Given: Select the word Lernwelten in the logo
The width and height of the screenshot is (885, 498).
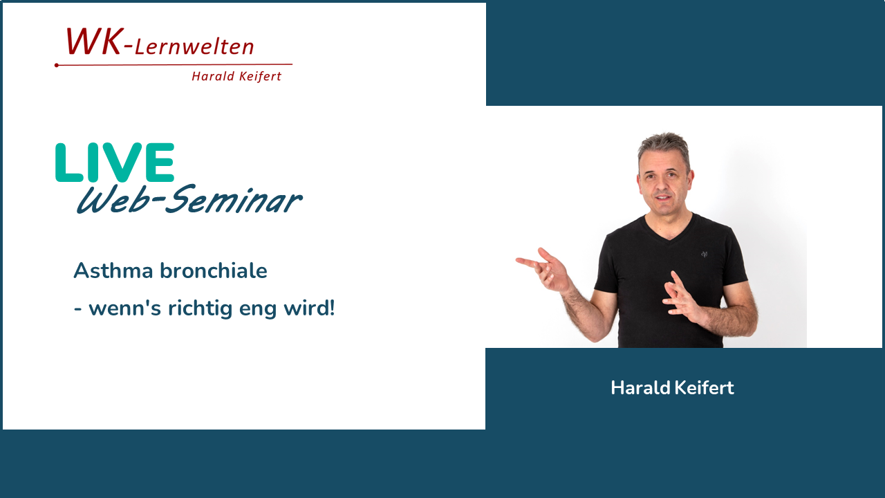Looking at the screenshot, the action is click(194, 47).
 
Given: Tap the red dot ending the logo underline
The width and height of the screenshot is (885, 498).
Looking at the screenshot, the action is click(57, 65).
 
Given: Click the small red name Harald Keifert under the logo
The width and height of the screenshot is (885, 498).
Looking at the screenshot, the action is click(236, 76).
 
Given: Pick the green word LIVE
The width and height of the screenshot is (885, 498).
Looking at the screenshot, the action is click(115, 163).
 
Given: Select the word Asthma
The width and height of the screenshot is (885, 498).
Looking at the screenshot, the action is click(113, 270).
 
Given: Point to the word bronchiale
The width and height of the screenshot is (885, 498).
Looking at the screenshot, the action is click(214, 270).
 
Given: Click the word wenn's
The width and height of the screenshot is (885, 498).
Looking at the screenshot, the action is click(125, 308).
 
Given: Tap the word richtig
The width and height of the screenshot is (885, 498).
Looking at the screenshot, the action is click(200, 308).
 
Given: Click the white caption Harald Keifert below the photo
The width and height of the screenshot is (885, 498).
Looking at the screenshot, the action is click(673, 388).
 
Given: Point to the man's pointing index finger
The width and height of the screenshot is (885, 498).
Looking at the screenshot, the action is click(527, 261).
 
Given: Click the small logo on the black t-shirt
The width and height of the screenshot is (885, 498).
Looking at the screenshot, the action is click(704, 254).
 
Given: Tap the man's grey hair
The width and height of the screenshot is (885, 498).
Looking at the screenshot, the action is click(664, 148).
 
